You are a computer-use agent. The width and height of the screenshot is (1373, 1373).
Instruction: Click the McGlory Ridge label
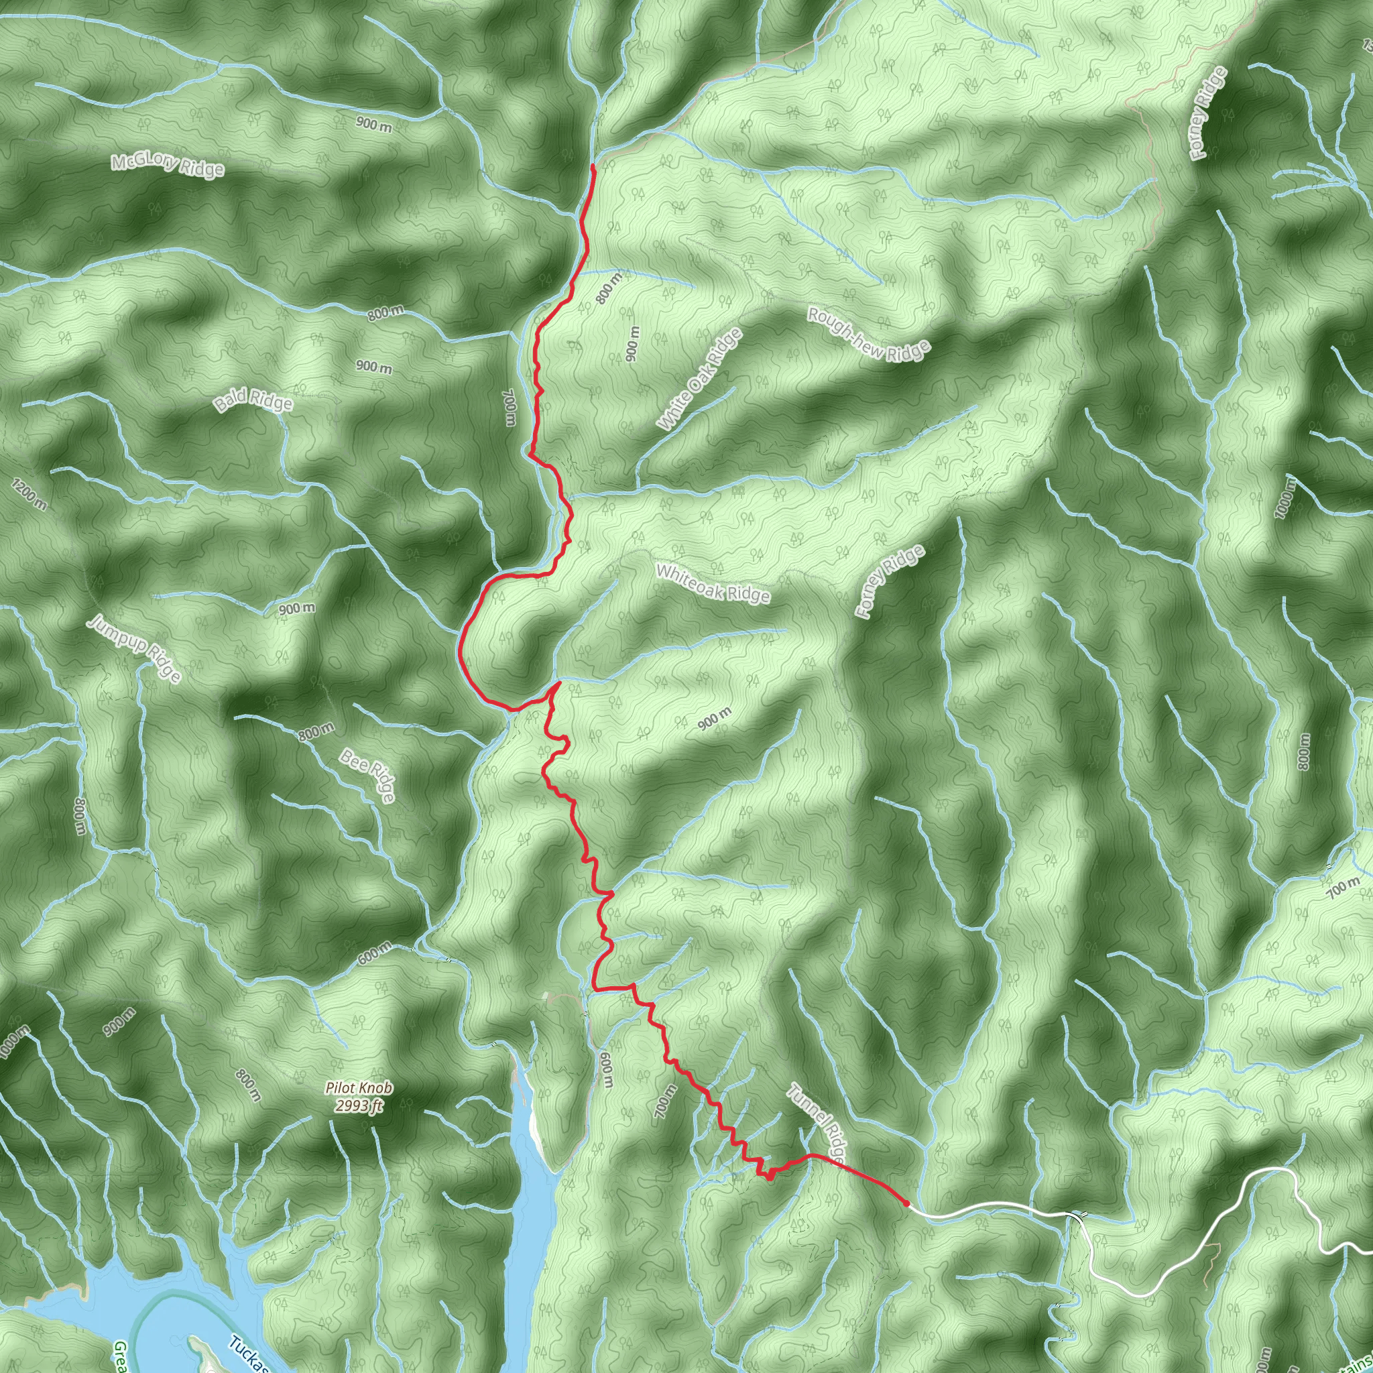[x=168, y=167]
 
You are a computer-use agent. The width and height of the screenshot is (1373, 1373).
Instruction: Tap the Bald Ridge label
[x=253, y=402]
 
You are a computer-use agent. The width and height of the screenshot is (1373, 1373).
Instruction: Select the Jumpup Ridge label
[x=134, y=649]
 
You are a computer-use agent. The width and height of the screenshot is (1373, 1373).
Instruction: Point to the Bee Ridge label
[x=367, y=774]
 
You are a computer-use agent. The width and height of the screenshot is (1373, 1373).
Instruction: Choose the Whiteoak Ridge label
[x=713, y=583]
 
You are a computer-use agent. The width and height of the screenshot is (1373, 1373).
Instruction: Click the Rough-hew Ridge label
[x=868, y=333]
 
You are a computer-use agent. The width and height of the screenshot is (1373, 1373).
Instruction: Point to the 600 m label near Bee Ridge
[x=374, y=953]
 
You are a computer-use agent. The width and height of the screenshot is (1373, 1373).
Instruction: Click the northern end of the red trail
[x=593, y=166]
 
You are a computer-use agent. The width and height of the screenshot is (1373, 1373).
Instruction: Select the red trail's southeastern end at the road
[x=907, y=1203]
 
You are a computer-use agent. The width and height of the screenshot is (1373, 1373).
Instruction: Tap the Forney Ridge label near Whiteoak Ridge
[x=890, y=581]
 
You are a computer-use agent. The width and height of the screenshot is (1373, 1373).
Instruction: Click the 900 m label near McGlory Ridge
[x=374, y=125]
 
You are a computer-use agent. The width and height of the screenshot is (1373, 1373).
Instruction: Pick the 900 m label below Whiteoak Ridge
[x=714, y=719]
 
